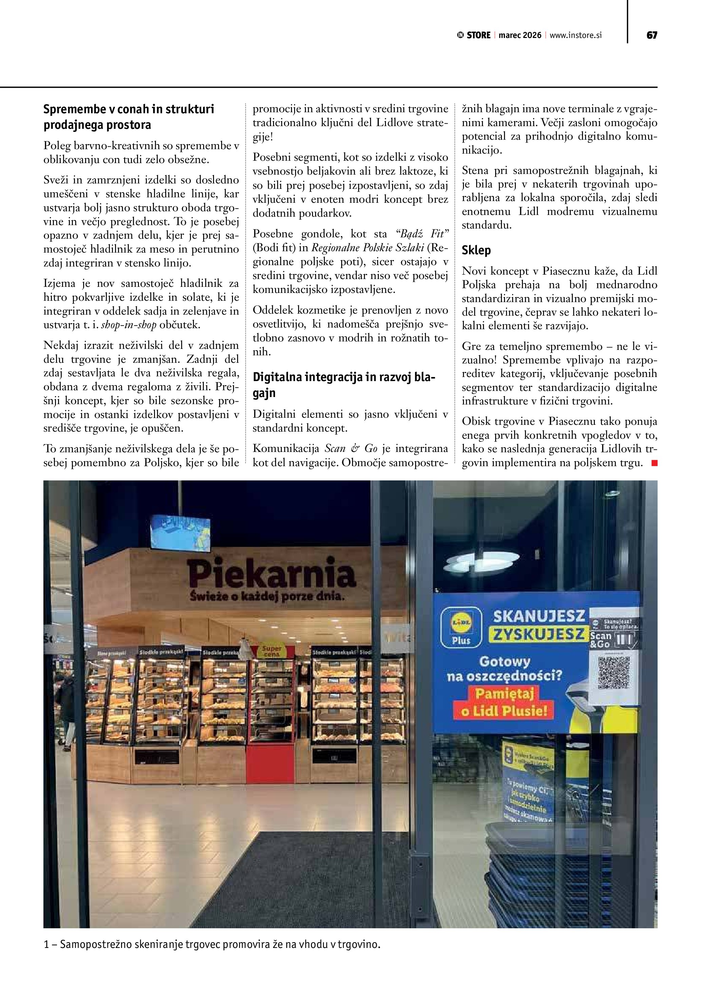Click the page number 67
651,35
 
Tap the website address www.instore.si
576,35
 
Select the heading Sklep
476,250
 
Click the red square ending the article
654,463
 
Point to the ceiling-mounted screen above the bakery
181,533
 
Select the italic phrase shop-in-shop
129,325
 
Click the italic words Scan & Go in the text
351,449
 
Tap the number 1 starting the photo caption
46,945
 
